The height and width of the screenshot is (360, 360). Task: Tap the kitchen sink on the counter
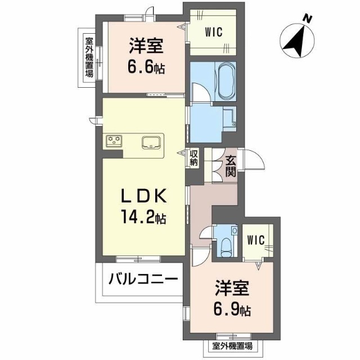pos(151,142)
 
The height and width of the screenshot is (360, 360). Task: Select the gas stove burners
pos(114,141)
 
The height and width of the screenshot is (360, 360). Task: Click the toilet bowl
pos(226,248)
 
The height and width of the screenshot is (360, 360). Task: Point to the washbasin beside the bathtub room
pos(229,119)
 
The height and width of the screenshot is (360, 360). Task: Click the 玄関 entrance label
pos(231,166)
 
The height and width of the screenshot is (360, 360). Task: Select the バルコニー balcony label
pos(143,279)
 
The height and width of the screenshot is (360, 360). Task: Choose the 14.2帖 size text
pos(144,217)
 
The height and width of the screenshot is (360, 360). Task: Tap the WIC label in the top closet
pos(214,32)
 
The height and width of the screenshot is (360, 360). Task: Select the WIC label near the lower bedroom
pos(256,240)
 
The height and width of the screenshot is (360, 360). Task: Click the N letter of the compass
pos(308,19)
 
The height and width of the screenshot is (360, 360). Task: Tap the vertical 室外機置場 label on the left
pos(89,57)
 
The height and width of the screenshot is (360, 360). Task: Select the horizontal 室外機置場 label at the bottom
pos(232,346)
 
